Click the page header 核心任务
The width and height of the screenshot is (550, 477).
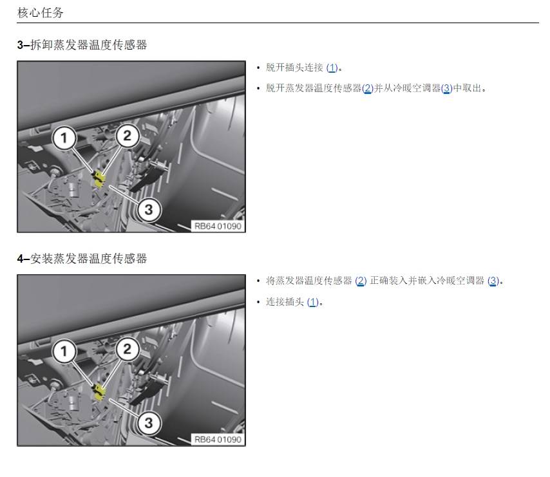[x=41, y=13]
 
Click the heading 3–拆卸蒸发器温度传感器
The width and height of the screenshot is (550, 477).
[x=82, y=45]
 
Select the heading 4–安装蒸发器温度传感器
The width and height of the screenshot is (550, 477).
[x=82, y=259]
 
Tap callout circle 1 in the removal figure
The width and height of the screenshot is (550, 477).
[x=64, y=138]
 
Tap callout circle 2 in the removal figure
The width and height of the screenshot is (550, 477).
[x=127, y=136]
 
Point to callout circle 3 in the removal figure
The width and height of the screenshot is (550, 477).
[x=149, y=210]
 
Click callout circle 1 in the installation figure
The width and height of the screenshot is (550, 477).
[x=64, y=351]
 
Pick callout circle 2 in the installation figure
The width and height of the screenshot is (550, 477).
[x=127, y=349]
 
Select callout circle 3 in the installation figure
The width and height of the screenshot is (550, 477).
[x=149, y=423]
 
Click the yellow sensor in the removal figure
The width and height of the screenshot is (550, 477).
[x=99, y=180]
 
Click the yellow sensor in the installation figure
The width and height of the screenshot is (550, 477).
[x=99, y=393]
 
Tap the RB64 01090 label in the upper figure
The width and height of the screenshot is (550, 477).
[x=218, y=226]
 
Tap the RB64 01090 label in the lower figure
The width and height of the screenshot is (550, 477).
[x=218, y=440]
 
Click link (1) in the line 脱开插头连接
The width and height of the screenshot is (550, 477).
[x=332, y=68]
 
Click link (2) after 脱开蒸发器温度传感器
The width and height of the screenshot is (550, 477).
[x=368, y=88]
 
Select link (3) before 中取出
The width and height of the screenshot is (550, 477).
[x=446, y=88]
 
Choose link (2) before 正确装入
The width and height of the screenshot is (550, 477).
[x=361, y=281]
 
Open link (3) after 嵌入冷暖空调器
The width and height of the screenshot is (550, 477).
[x=493, y=281]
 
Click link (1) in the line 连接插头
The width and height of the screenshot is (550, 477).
[x=312, y=302]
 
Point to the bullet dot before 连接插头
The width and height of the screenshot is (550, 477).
[x=258, y=302]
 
